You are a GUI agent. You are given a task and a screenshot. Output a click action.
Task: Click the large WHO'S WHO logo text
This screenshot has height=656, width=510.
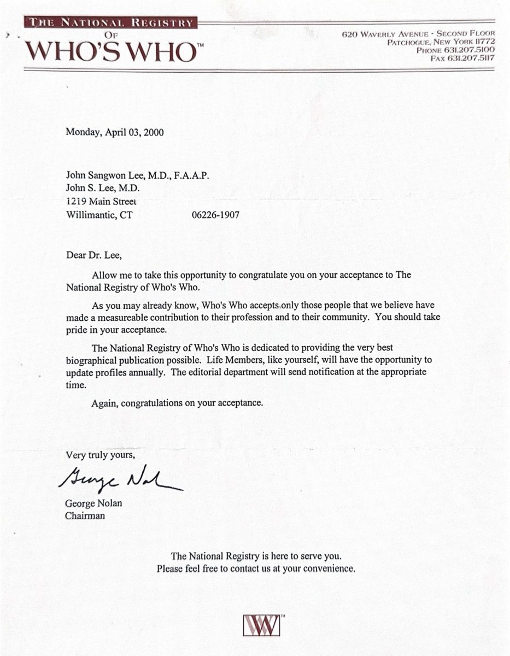(x=111, y=51)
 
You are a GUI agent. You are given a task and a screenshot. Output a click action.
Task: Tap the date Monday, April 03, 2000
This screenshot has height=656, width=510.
(x=115, y=132)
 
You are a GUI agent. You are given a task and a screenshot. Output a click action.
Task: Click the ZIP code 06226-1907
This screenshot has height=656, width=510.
(x=215, y=215)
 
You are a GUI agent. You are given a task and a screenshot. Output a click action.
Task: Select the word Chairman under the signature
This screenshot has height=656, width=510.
(x=85, y=515)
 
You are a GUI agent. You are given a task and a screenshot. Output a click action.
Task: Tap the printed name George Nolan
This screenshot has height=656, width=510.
(x=94, y=503)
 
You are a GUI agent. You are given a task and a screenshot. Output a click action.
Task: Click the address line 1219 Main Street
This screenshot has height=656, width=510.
(x=101, y=201)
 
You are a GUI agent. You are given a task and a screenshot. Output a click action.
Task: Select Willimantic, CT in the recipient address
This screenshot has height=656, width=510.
(x=99, y=215)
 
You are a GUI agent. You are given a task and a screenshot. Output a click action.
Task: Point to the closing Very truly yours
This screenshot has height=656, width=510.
(x=100, y=455)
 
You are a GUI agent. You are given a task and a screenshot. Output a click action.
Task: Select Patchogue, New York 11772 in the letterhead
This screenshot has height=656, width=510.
(x=441, y=42)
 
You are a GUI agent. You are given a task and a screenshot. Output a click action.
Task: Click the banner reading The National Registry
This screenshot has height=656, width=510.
(x=111, y=23)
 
